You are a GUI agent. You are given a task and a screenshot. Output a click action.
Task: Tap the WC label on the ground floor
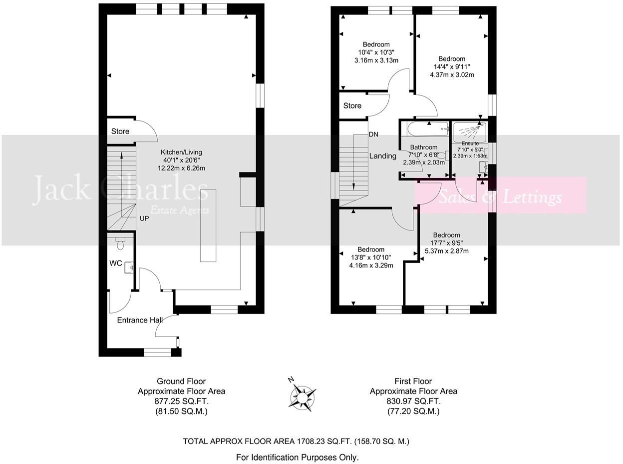click(116, 263)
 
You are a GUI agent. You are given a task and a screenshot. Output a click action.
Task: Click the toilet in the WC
click(120, 244)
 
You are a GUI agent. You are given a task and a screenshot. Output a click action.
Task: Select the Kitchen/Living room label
click(181, 152)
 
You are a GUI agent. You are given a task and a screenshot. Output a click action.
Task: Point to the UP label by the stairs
click(144, 218)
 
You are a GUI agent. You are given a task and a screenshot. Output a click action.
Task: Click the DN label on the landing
click(373, 134)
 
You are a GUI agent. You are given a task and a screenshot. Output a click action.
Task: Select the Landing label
click(383, 156)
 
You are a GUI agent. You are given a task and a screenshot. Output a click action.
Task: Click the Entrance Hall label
click(140, 320)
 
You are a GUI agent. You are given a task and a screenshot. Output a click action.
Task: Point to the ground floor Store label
click(120, 131)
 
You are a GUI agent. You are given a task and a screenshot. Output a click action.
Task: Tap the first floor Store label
click(352, 105)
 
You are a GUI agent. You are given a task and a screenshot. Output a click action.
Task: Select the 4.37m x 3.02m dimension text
click(452, 75)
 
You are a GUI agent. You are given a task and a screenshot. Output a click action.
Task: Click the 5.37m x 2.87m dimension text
click(446, 251)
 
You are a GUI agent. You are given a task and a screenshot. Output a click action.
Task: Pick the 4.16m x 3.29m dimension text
click(371, 265)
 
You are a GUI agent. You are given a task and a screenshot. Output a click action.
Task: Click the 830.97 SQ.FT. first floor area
click(413, 401)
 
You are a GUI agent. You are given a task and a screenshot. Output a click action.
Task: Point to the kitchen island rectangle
click(208, 225)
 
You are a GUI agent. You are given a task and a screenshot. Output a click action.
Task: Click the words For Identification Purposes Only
click(297, 457)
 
